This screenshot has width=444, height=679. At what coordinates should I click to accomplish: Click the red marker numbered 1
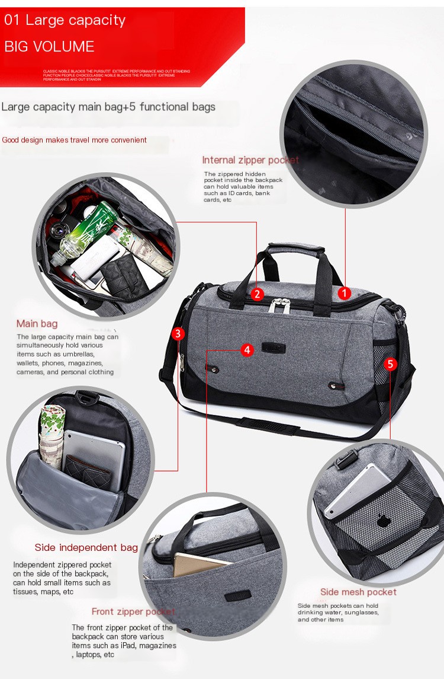(345, 293)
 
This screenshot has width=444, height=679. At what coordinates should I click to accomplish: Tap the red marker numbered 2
(256, 294)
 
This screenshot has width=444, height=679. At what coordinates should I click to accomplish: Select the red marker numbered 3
(178, 334)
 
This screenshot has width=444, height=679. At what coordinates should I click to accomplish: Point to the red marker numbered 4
(247, 350)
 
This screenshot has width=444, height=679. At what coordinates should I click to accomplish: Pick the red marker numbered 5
(390, 364)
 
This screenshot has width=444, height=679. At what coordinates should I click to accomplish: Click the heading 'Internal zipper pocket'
(250, 160)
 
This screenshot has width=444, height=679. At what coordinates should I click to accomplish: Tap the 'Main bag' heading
(37, 324)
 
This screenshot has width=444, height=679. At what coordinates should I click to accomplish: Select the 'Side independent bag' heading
(86, 547)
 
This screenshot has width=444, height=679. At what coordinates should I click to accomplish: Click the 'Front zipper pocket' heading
(133, 611)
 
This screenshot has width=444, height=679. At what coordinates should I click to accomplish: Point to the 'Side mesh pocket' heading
(358, 592)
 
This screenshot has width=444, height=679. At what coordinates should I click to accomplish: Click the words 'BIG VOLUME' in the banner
(49, 47)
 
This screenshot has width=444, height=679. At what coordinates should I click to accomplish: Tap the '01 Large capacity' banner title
(65, 21)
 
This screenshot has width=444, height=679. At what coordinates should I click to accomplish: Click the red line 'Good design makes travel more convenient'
(74, 141)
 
